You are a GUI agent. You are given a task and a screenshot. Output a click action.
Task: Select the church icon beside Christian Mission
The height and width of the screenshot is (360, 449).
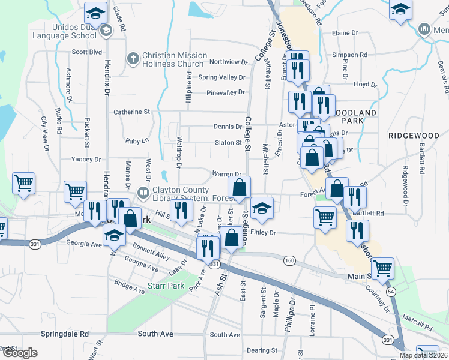click(x=133, y=59)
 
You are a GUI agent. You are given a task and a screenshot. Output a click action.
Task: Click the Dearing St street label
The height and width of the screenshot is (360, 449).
click(x=262, y=350)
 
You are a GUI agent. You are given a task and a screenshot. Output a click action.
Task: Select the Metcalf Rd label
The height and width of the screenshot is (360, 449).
click(x=418, y=325)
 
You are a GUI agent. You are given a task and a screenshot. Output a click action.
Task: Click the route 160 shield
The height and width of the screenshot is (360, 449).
click(x=290, y=260)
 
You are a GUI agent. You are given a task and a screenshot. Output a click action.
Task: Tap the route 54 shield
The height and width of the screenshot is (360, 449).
click(x=391, y=291)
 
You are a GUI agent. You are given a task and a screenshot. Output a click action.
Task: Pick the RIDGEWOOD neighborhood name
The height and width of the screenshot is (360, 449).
click(x=414, y=136)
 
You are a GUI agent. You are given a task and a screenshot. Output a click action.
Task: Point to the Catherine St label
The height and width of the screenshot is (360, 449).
click(x=131, y=112)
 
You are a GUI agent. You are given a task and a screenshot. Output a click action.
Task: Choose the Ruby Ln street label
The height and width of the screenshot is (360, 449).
click(x=137, y=140)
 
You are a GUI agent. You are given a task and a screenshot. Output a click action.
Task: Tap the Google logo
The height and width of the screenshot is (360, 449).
click(x=20, y=353)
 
